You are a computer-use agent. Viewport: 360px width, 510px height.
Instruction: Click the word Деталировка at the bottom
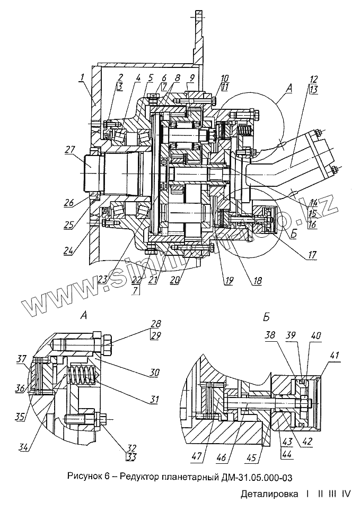pyautogui.click(x=269, y=495)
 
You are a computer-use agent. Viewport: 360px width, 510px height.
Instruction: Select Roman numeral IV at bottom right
pyautogui.click(x=347, y=495)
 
